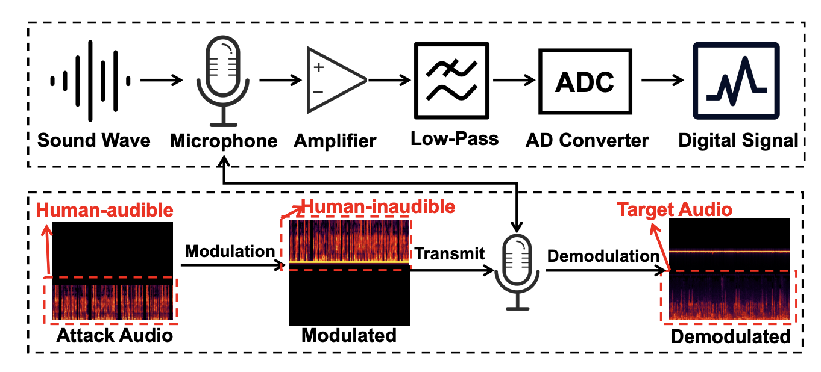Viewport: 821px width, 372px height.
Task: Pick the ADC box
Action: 584,80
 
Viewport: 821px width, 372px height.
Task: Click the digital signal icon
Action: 736,79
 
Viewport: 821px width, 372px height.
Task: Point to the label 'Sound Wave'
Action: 93,141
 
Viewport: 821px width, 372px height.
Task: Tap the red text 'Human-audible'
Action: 105,210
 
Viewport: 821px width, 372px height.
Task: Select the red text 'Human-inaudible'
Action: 378,207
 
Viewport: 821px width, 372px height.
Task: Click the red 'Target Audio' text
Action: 675,209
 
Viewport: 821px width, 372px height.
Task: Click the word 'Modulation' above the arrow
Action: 230,251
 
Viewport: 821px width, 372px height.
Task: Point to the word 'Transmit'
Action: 448,253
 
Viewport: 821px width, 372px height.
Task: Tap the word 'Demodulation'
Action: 603,256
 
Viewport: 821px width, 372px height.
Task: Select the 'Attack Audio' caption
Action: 115,335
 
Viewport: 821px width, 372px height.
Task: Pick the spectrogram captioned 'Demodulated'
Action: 729,269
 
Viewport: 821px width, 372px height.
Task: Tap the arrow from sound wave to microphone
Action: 161,79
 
